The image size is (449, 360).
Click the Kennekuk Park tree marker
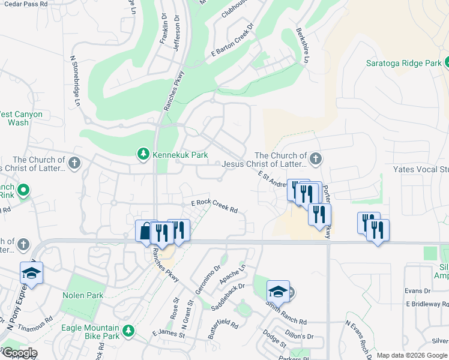[143, 155]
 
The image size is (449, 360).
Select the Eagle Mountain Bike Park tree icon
[128, 331]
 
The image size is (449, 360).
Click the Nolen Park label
[83, 295]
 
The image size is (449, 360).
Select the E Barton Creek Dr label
[232, 41]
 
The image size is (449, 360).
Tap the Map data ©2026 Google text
[411, 355]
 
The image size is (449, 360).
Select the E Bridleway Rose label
[427, 304]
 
